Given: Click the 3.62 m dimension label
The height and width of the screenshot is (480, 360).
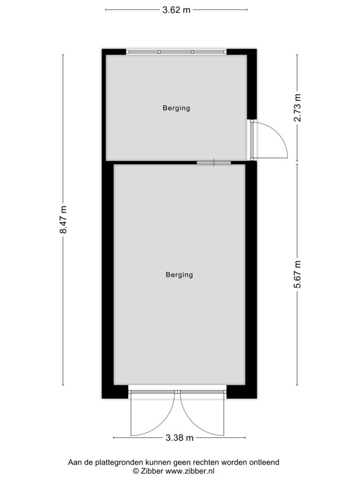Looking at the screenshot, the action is pyautogui.click(x=176, y=10).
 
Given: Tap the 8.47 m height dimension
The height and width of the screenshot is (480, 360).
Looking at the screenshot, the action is pyautogui.click(x=63, y=219).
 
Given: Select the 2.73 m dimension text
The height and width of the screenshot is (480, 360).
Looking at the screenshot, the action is pyautogui.click(x=297, y=108).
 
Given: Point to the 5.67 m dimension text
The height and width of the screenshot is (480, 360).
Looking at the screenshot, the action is pyautogui.click(x=297, y=274).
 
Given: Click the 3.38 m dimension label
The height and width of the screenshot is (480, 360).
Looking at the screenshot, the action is pyautogui.click(x=180, y=438).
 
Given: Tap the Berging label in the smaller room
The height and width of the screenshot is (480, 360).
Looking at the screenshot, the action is pyautogui.click(x=176, y=108).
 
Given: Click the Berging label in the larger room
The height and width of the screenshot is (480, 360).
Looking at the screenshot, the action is pyautogui.click(x=180, y=275).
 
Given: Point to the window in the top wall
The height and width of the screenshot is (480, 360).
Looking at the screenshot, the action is pyautogui.click(x=176, y=52).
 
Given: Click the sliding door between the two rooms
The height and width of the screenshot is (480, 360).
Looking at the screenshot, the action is pyautogui.click(x=214, y=163).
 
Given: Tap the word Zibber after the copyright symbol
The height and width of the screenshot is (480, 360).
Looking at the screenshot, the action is pyautogui.click(x=152, y=471).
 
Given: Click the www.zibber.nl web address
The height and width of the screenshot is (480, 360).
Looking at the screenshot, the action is pyautogui.click(x=189, y=471).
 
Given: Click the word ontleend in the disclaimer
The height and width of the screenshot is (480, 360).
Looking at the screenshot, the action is pyautogui.click(x=266, y=462).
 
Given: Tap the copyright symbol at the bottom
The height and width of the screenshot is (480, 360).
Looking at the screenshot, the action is pyautogui.click(x=136, y=471).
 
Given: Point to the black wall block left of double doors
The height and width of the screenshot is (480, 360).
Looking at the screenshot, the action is pyautogui.click(x=115, y=391).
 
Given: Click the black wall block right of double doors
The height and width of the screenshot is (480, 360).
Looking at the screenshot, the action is pyautogui.click(x=241, y=391).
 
